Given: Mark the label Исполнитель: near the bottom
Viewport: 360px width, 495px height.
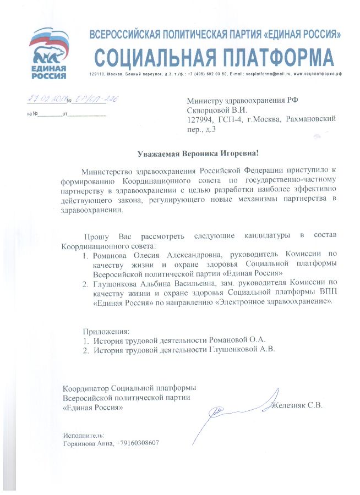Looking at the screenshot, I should [x=84, y=435].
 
